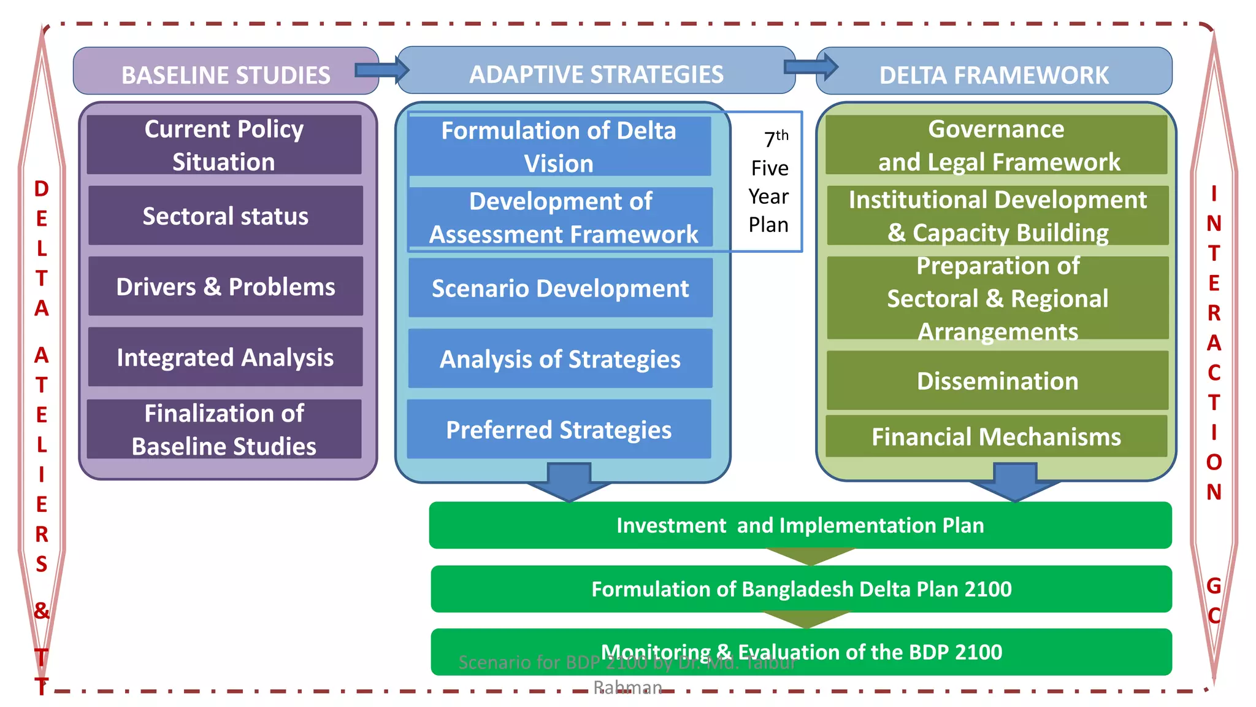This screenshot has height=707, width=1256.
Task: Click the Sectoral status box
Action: coord(225,216)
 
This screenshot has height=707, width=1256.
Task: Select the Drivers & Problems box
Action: coord(225,287)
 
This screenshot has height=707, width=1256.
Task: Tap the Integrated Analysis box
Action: coord(225,357)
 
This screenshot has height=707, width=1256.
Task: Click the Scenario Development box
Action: coord(560,288)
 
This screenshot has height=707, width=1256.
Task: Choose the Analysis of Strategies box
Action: coord(560,359)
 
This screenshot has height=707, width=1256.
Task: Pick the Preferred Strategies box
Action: coord(559,430)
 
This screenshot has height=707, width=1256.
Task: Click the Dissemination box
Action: coord(997,381)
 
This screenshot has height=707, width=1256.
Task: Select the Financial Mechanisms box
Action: coord(996,436)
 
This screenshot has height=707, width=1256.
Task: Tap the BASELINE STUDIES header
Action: coord(225,74)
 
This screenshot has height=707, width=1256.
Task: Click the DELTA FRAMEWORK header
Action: coord(994,74)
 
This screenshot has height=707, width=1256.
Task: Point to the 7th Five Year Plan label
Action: coord(768,182)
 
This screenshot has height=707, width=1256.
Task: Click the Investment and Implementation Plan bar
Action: coord(800,525)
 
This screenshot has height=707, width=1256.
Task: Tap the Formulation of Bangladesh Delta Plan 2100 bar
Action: coord(801,589)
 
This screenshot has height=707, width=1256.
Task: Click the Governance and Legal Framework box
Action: coord(996,145)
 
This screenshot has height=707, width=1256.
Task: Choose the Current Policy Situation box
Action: coord(224,145)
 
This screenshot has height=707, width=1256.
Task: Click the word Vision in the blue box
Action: coord(559,164)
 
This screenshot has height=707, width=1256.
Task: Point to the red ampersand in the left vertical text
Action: coord(41,610)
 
